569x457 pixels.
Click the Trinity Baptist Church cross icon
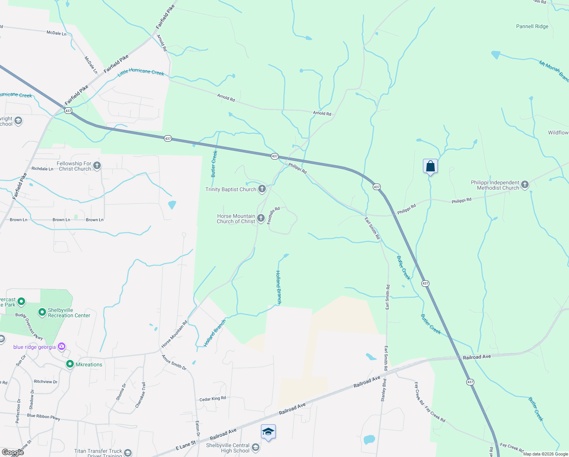tap(262, 189)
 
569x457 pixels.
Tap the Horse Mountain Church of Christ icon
tap(261, 218)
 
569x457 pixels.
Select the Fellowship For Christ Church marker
tap(97, 166)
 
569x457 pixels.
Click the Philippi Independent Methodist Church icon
tap(525, 185)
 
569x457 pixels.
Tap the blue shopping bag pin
tap(430, 166)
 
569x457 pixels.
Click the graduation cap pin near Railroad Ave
tap(268, 432)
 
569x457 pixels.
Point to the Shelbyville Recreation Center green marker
tap(42, 313)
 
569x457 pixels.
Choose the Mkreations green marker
tap(70, 364)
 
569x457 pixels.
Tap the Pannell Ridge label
tap(532, 27)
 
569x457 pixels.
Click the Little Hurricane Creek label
tap(141, 72)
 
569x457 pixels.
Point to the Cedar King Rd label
tap(213, 399)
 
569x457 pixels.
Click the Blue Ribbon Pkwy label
tap(43, 417)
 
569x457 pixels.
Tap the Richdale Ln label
tap(42, 169)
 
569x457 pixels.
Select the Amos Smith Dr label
tap(174, 363)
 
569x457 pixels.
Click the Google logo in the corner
tap(13, 452)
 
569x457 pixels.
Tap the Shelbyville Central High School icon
tap(256, 447)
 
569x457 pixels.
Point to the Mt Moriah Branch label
tap(554, 71)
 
